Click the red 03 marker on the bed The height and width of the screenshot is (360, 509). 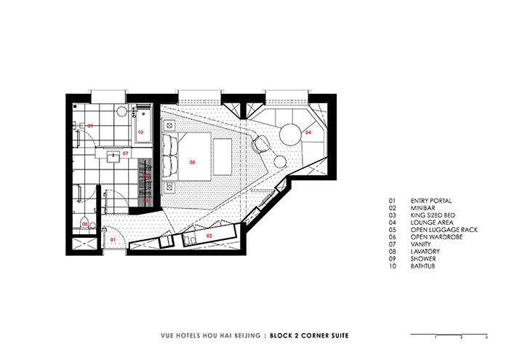tap(193, 161)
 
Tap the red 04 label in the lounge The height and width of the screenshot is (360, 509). tap(308, 133)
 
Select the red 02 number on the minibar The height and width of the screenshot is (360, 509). tap(209, 236)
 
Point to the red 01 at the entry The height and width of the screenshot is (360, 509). tap(112, 239)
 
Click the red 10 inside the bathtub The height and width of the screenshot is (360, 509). tap(140, 132)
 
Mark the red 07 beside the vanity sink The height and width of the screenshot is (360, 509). tap(125, 153)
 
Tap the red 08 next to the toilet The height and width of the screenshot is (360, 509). tap(84, 225)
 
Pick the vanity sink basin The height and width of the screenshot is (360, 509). tap(113, 154)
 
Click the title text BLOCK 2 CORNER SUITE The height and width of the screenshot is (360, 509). tap(308, 336)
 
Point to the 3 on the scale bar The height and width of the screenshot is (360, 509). tap(486, 338)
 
